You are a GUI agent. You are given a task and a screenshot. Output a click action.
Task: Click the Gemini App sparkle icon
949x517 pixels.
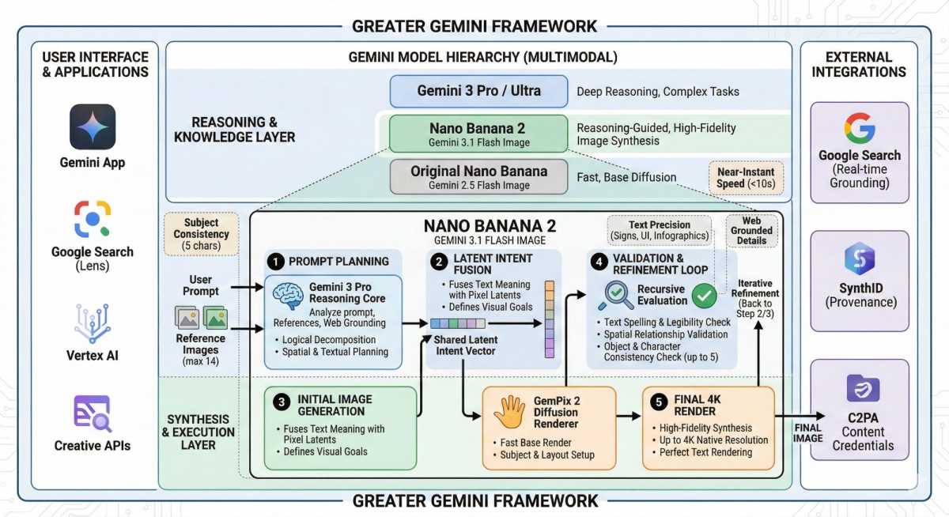pos(93,126)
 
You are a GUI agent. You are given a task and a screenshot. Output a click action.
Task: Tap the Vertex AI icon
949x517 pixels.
pos(93,323)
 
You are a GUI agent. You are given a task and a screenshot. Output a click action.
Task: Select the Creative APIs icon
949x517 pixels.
pos(93,413)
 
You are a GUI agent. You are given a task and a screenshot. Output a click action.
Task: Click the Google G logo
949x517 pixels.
pos(859,128)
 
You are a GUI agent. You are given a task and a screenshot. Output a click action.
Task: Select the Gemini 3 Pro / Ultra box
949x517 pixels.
pos(478,91)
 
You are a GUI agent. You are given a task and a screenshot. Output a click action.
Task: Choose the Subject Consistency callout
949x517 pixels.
pos(201,234)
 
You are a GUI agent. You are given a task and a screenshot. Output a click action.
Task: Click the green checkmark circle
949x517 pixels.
pos(704,296)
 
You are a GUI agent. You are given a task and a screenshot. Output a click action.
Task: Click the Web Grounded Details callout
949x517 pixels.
pos(752,231)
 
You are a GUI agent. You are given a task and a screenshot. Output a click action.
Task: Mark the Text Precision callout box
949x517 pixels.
pos(659,231)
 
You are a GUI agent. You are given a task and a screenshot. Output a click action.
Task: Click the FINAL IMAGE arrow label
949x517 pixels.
pos(807,432)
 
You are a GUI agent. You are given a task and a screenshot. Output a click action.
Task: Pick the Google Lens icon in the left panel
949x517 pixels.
pos(93,219)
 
